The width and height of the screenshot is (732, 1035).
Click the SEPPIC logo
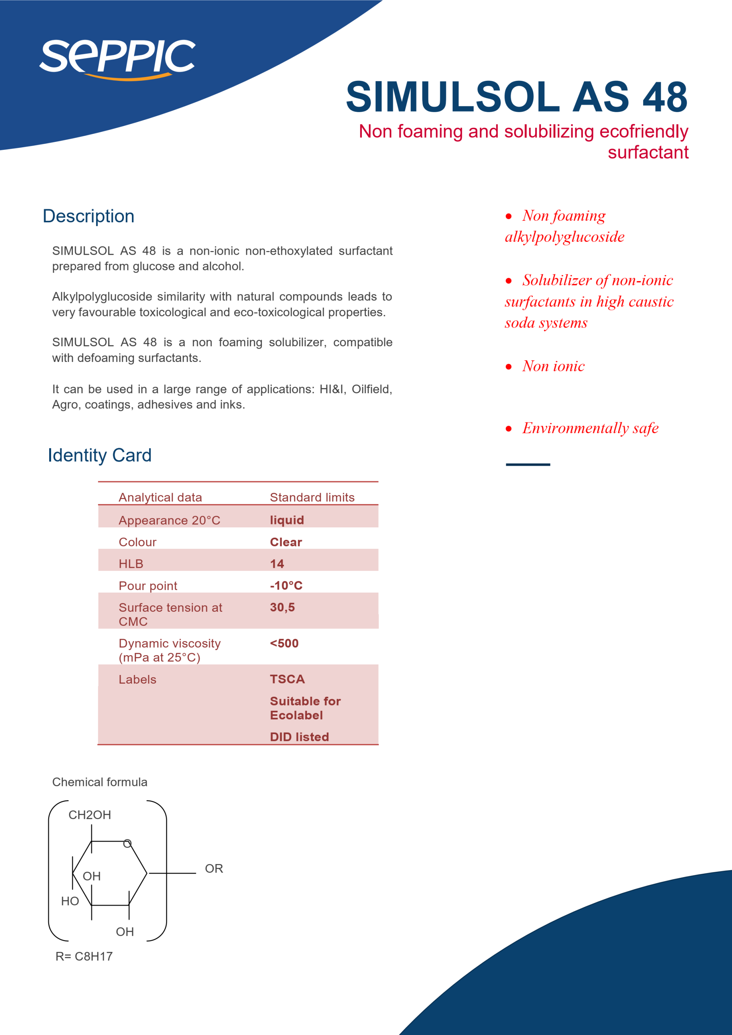click(x=117, y=59)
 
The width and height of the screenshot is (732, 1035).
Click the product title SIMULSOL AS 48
click(x=517, y=97)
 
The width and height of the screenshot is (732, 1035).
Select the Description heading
click(x=88, y=216)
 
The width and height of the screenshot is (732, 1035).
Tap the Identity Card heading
click(x=100, y=455)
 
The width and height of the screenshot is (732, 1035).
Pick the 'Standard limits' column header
click(x=312, y=497)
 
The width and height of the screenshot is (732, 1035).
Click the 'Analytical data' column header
click(x=160, y=497)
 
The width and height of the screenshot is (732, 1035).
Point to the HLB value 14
click(x=277, y=564)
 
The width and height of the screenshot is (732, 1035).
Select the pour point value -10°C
click(x=286, y=585)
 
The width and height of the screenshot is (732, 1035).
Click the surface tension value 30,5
click(x=282, y=607)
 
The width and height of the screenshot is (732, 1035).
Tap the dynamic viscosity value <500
click(x=284, y=643)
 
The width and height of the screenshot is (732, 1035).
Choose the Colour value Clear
click(x=286, y=542)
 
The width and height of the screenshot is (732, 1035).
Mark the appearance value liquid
click(x=287, y=520)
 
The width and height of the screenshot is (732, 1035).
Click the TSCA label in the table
click(x=287, y=679)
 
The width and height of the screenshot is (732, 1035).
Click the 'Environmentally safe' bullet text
click(x=591, y=428)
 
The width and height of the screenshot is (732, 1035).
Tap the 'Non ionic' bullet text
click(x=554, y=366)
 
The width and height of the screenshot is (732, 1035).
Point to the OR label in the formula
click(x=213, y=869)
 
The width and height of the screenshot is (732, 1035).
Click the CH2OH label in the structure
click(x=89, y=815)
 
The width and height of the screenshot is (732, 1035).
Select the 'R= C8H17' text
click(x=84, y=956)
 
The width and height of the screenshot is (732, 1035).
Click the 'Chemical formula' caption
click(x=100, y=782)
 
